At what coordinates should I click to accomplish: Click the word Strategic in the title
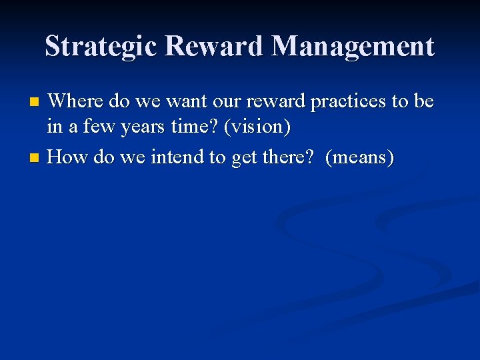point(101,47)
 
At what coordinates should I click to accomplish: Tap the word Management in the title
point(353,47)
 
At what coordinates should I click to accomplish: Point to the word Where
point(75,101)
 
